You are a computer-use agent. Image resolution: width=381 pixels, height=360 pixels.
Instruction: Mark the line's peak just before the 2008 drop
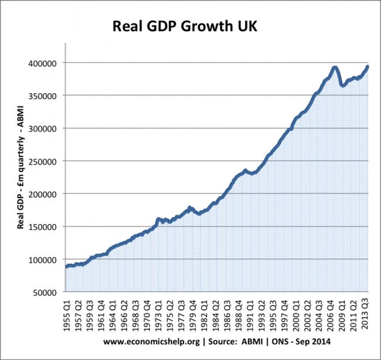coord(335,67)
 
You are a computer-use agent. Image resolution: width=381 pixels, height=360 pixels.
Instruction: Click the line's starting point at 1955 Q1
coord(66,267)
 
